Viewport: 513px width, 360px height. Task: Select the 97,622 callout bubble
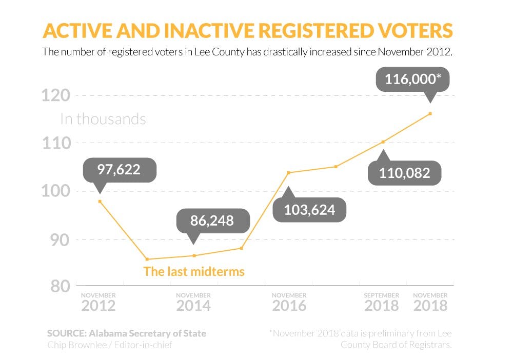tap(119, 170)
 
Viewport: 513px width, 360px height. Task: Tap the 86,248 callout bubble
tap(212, 221)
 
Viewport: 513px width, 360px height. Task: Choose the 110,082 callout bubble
tap(405, 173)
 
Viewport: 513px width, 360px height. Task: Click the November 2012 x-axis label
tap(98, 303)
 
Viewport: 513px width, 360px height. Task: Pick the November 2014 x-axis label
tap(193, 303)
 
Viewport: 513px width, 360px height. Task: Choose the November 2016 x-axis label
tap(289, 303)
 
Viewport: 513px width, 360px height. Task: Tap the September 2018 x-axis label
tap(382, 303)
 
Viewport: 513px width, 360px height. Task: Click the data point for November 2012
tap(100, 202)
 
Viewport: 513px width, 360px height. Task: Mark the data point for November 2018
tap(430, 113)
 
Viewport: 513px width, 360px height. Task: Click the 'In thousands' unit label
tap(103, 119)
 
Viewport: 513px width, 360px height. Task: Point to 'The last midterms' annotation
tap(194, 271)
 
